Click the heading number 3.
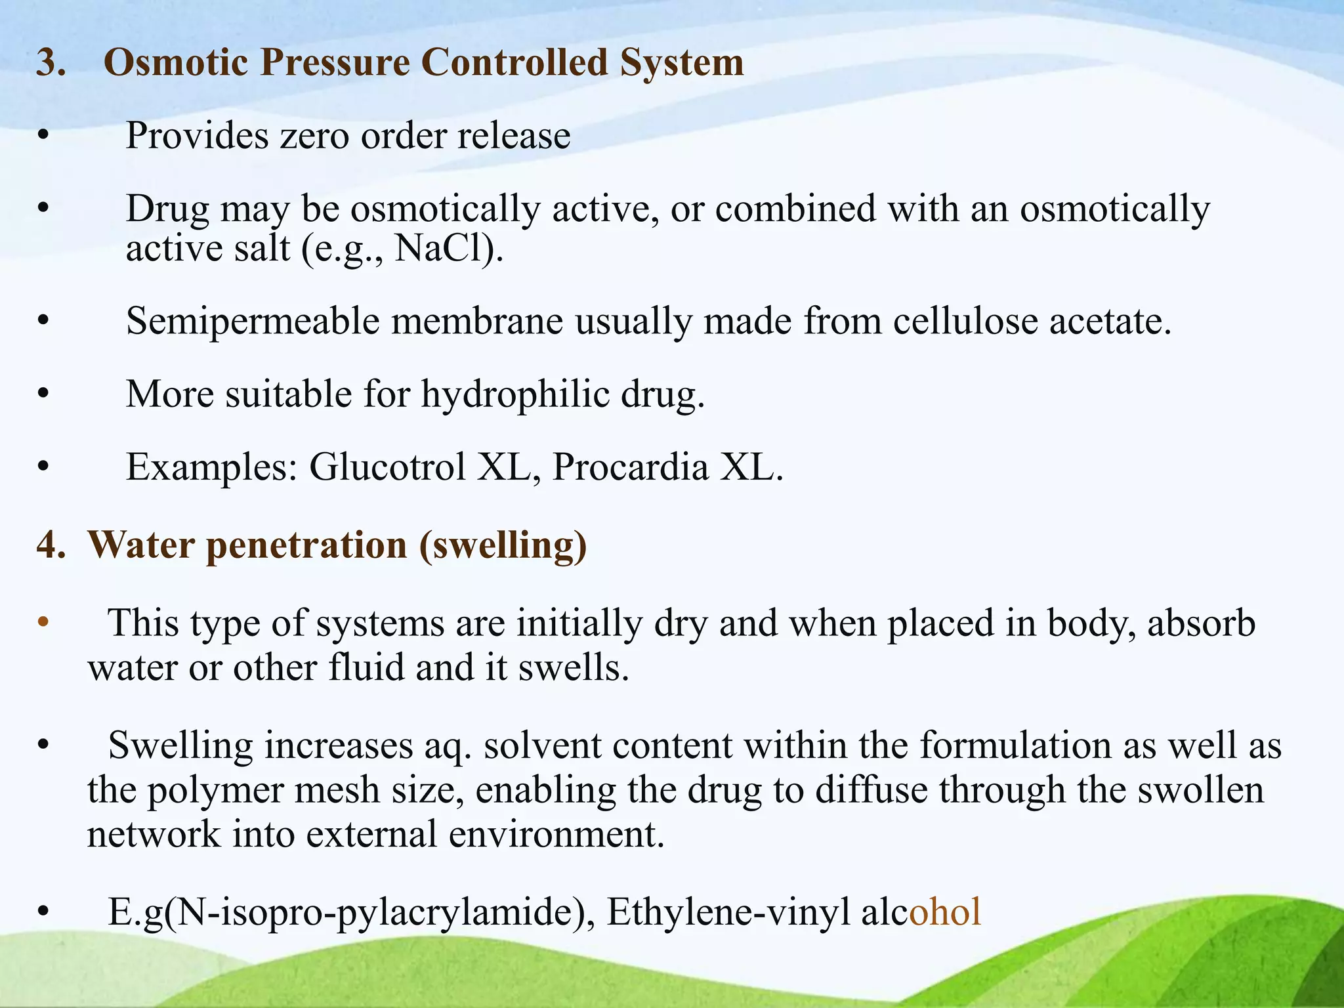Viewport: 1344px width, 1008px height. [51, 63]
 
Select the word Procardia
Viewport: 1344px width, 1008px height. [630, 467]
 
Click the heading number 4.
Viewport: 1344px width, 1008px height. [51, 545]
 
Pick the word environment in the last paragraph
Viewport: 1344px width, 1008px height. [552, 835]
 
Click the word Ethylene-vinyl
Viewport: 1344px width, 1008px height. [728, 912]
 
